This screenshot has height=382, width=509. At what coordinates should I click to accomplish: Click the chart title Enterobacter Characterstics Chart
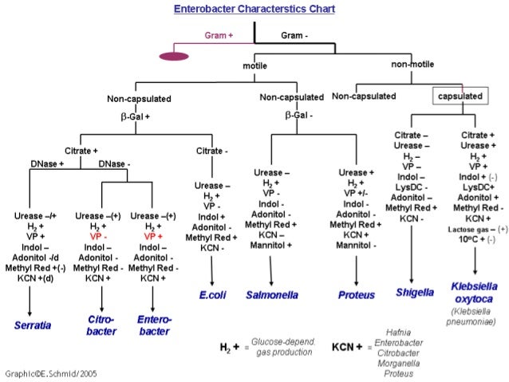coord(254,9)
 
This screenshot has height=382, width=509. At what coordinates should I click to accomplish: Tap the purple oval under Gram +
coord(174,57)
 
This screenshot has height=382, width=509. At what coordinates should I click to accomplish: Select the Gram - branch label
coord(294,35)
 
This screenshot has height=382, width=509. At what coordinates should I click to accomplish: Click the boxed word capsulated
coord(460,96)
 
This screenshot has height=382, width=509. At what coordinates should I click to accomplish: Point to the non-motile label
coord(412,65)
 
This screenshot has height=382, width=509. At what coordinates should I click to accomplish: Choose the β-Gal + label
coord(135,116)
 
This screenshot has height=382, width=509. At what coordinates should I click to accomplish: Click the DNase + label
coord(47,164)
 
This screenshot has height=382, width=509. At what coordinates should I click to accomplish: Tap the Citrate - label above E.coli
coord(212,151)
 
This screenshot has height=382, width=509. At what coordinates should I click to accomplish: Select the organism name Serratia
coord(33,325)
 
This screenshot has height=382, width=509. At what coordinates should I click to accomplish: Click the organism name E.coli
coord(213,295)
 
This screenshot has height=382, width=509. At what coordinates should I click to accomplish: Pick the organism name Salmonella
coord(272,295)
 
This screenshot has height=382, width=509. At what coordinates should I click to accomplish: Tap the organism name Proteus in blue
coord(357,295)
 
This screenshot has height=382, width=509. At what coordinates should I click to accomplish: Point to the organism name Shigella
coord(415,293)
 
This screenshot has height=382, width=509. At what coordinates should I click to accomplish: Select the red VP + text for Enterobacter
coord(153,237)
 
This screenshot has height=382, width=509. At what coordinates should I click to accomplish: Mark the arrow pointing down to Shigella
coord(412,254)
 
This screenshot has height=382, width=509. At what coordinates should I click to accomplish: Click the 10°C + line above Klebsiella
coord(477,240)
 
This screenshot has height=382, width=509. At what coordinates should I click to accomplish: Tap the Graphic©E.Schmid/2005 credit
coord(51,374)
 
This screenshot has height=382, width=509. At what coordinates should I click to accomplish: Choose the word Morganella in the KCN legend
coord(399,363)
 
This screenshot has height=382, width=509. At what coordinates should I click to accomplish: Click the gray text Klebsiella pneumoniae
coord(471,317)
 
